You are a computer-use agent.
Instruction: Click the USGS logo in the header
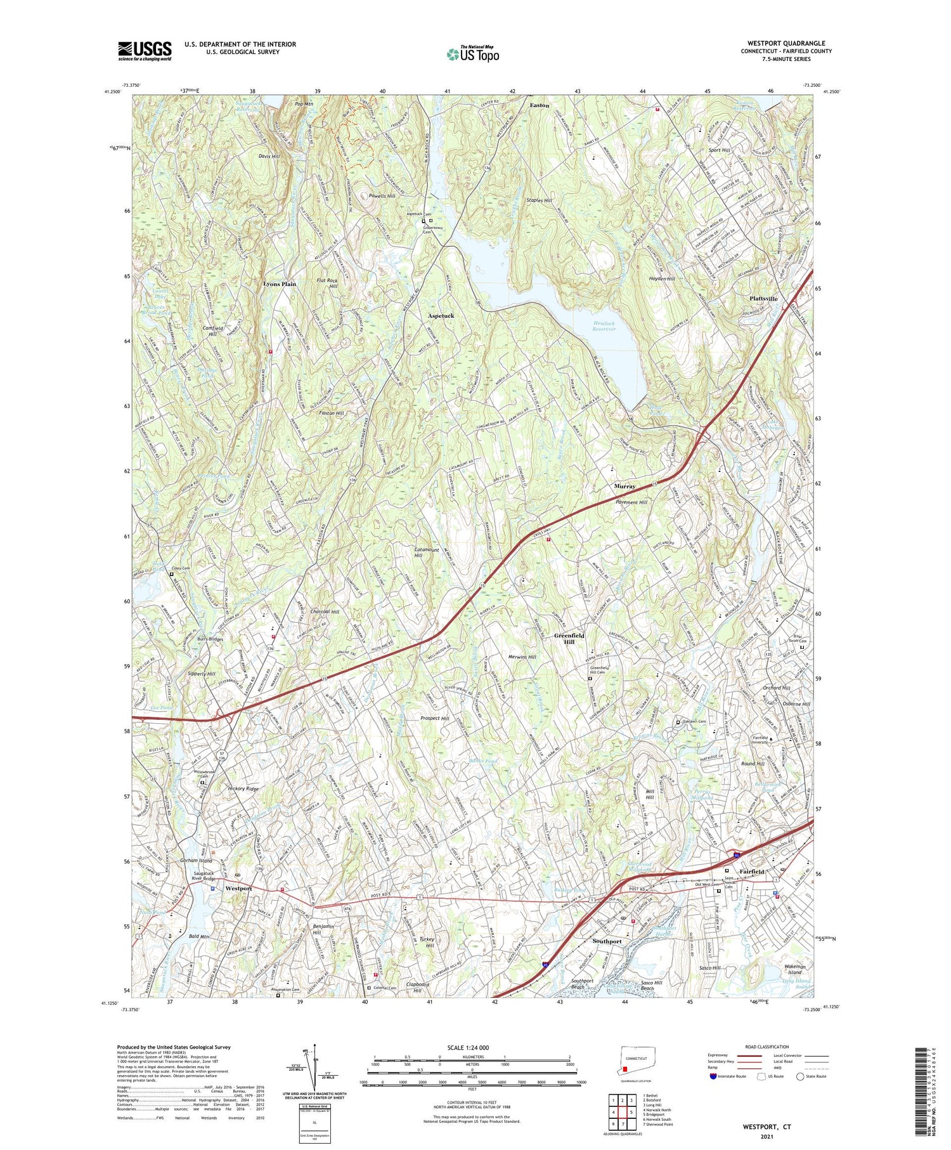coord(145,51)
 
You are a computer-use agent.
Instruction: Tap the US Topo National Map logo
coord(473,54)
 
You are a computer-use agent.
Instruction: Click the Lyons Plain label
coord(280,284)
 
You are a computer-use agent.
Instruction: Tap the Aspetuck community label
coord(440,315)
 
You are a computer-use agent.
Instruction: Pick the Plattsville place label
coord(767,298)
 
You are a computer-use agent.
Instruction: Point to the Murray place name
coord(624,486)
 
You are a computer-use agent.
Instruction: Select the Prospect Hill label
coord(435,718)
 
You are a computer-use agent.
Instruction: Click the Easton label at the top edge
coord(540,105)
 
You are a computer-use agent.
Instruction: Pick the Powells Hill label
coord(382,196)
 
